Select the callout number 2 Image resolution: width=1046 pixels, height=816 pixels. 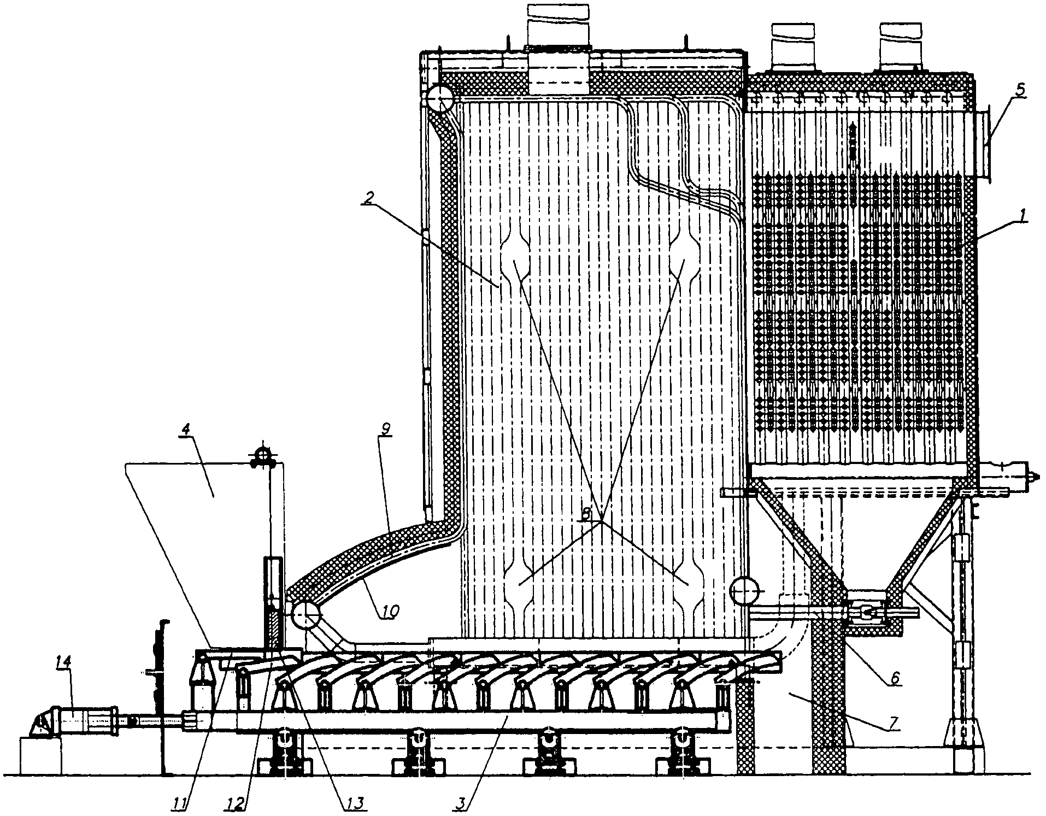370,197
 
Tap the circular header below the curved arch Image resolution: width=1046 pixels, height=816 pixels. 305,616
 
